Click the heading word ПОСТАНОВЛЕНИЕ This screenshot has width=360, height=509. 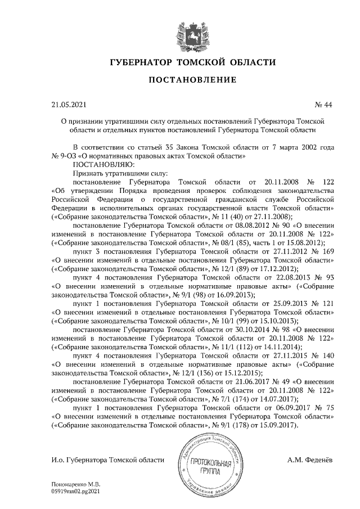pyautogui.click(x=192, y=80)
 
